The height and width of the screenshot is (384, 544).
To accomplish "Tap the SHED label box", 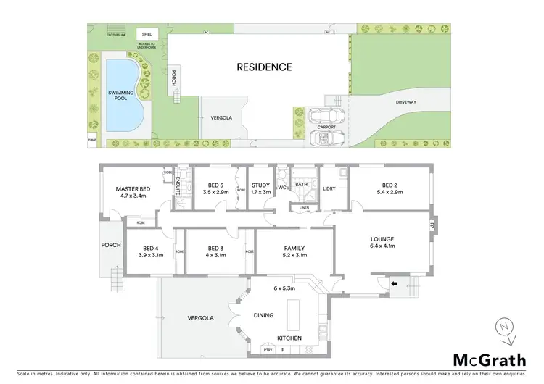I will click(147, 34).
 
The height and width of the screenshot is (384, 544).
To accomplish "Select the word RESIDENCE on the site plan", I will click(264, 67).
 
